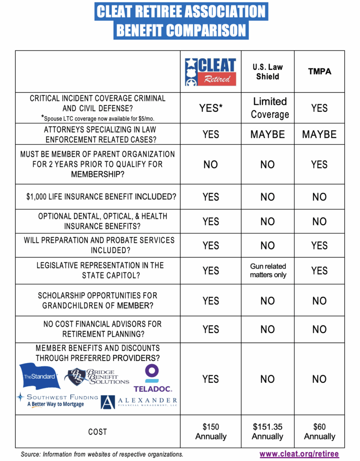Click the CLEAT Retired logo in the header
tap(210, 72)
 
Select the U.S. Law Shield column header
tap(268, 72)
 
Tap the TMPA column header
tap(319, 72)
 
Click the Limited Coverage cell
tap(269, 108)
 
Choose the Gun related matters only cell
tap(268, 271)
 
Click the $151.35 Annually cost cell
tap(268, 431)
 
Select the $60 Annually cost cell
tap(319, 431)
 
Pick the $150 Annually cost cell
tap(210, 431)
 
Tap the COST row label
tap(97, 432)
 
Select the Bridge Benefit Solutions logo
tap(97, 376)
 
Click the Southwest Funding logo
tap(57, 400)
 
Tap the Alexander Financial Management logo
tap(139, 402)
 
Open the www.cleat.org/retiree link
tap(299, 454)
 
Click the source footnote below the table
tap(102, 454)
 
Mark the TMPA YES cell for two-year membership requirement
tap(319, 164)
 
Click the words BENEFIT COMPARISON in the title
tap(181, 30)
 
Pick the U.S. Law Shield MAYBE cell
tap(268, 134)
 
